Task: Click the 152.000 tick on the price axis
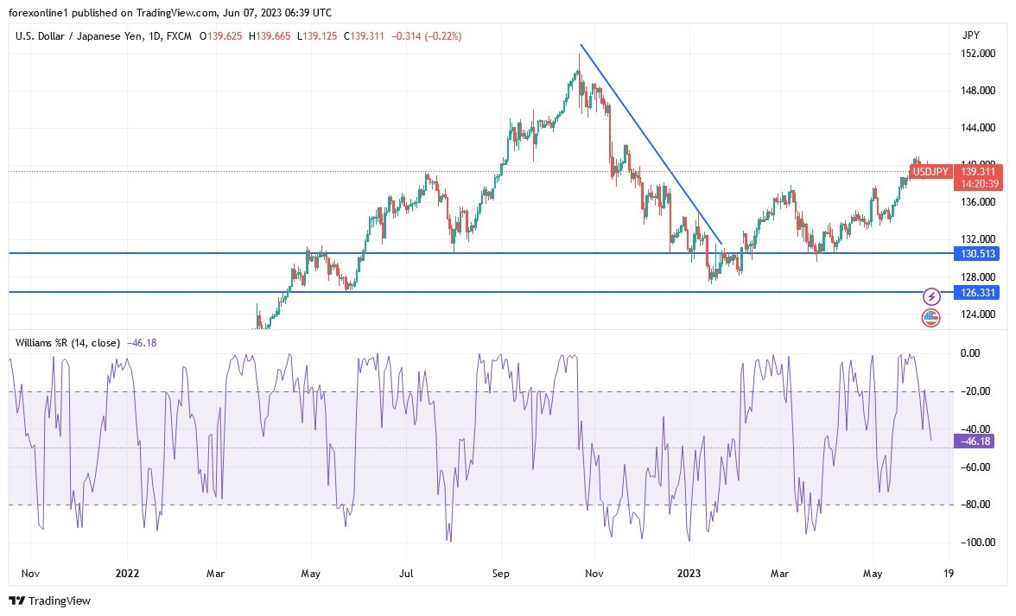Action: [x=977, y=54]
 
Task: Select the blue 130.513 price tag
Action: [x=977, y=253]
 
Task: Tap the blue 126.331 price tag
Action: [x=977, y=293]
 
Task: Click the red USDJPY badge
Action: [x=931, y=173]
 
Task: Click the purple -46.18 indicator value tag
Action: [x=973, y=441]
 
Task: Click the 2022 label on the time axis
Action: [x=127, y=573]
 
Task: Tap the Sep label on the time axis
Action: [x=501, y=573]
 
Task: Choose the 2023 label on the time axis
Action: [x=688, y=573]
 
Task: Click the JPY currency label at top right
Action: [x=970, y=35]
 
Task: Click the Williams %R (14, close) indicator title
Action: [x=68, y=343]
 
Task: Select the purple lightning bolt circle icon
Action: [x=931, y=296]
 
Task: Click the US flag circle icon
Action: [x=931, y=317]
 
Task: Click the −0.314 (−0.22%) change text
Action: [x=427, y=36]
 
